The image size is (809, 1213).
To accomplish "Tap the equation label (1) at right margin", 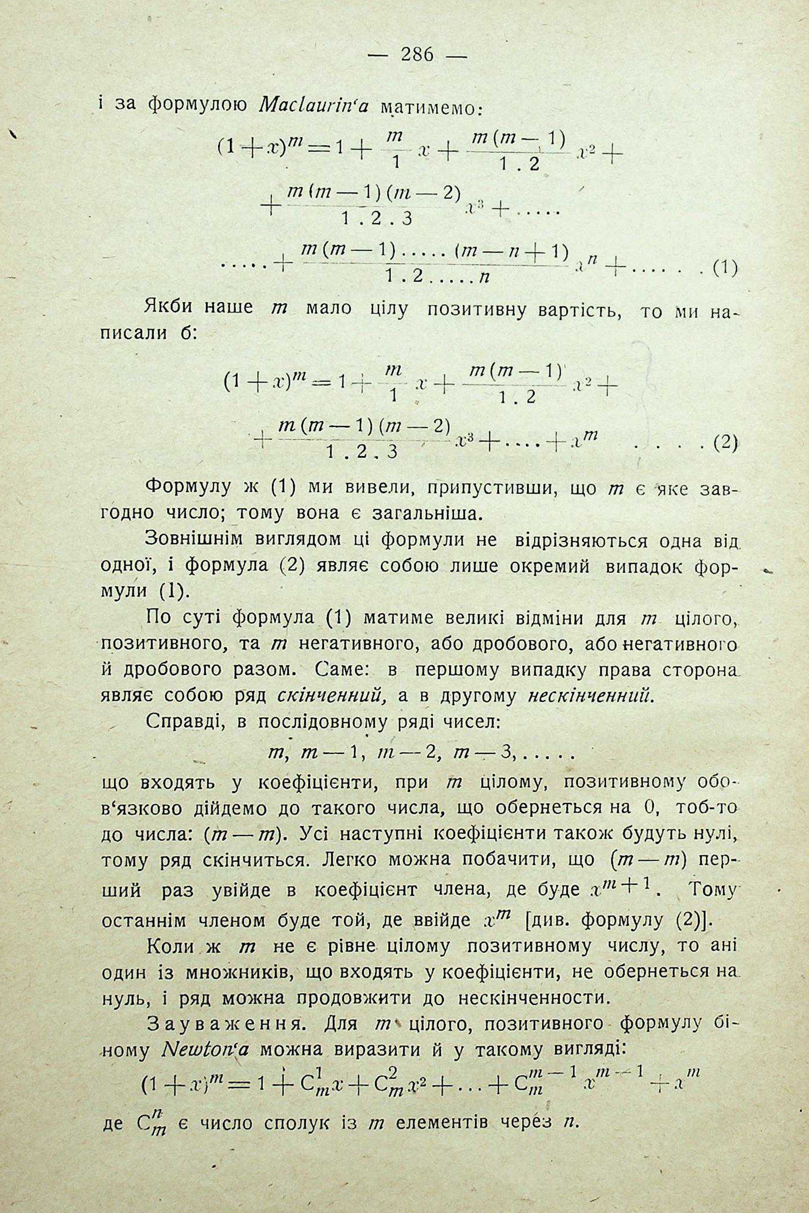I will click(724, 268).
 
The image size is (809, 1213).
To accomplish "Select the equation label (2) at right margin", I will click(725, 444).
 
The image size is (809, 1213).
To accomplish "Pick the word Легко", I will click(349, 861).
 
